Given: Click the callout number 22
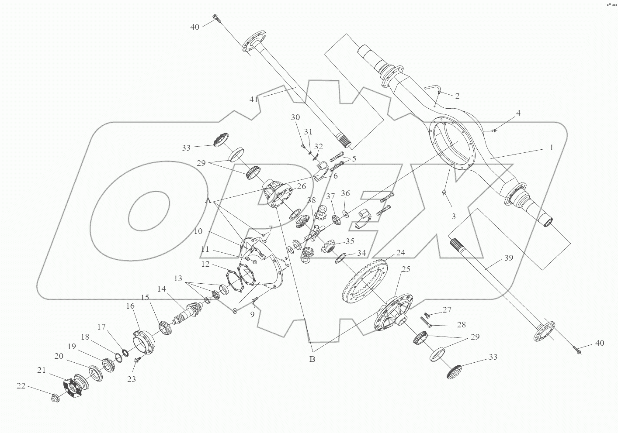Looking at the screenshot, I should pyautogui.click(x=21, y=385).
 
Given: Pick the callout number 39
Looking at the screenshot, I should pyautogui.click(x=508, y=258).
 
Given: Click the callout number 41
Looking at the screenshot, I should pyautogui.click(x=254, y=99).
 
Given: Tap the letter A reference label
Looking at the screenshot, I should pyautogui.click(x=208, y=200).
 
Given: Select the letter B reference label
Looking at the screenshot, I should pyautogui.click(x=312, y=359).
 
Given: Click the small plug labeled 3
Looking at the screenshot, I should pyautogui.click(x=444, y=192).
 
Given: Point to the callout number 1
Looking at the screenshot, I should pyautogui.click(x=552, y=148).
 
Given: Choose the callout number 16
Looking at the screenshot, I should pyautogui.click(x=131, y=306).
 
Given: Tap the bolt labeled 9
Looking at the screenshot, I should pyautogui.click(x=256, y=299).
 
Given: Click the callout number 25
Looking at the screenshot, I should pyautogui.click(x=406, y=269).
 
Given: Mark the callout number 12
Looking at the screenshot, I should pyautogui.click(x=205, y=264).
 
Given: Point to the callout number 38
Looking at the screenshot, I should pyautogui.click(x=311, y=200).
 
